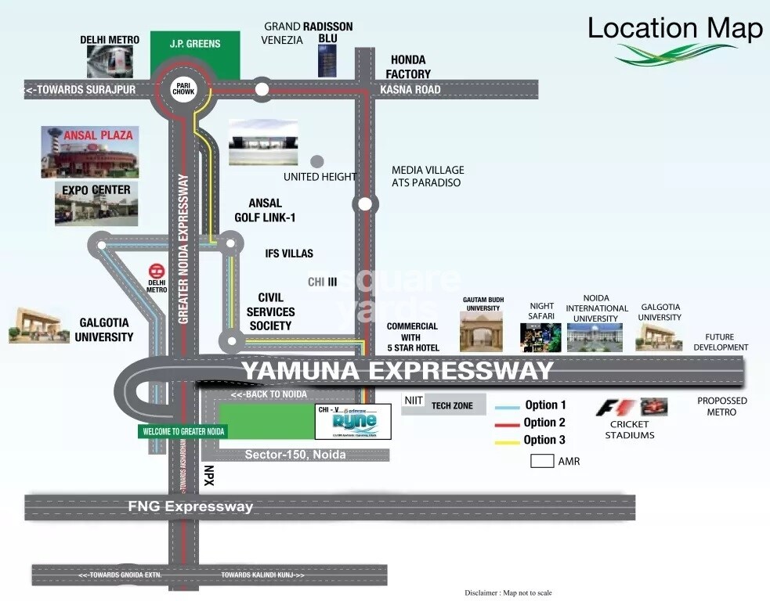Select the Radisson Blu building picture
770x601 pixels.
pos(327,61)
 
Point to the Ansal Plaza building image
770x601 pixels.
pos(88,152)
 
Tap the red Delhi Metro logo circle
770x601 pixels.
pos(157,272)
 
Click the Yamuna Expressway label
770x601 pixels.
pos(397,370)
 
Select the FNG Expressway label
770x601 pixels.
pos(191,507)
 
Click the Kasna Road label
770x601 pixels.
pos(410,89)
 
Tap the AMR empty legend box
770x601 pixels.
pos(542,461)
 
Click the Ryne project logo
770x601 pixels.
pos(352,423)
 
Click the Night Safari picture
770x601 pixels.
pos(541,337)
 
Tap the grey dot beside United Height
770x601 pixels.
pos(316,162)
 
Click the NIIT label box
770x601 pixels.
pos(414,401)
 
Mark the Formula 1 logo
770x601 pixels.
pos(614,407)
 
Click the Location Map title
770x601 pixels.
pos(675,29)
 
